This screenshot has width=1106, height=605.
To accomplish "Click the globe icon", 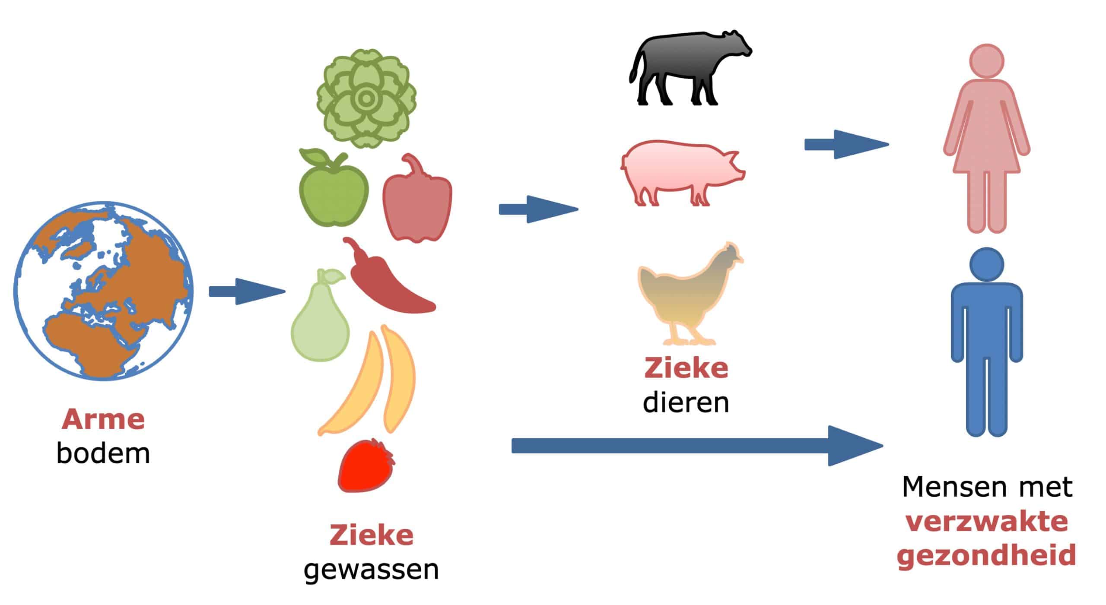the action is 103,291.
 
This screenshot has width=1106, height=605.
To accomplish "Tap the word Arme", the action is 103,419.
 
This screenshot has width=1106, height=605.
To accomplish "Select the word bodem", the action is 103,453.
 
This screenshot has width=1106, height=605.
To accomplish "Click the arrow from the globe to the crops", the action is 247,291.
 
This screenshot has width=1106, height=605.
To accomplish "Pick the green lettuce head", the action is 366,98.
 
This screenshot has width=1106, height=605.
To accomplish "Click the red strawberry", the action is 366,466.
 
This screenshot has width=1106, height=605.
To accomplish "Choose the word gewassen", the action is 371,570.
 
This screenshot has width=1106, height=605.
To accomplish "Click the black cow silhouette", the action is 690,67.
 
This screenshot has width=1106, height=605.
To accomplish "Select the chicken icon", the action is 690,294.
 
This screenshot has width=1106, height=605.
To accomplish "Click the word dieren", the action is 686,402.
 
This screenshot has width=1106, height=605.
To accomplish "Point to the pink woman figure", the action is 987,138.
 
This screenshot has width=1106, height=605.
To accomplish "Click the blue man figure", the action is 986,341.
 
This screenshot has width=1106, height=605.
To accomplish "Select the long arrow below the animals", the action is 697,446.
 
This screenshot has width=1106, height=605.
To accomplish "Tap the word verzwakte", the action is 986,522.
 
